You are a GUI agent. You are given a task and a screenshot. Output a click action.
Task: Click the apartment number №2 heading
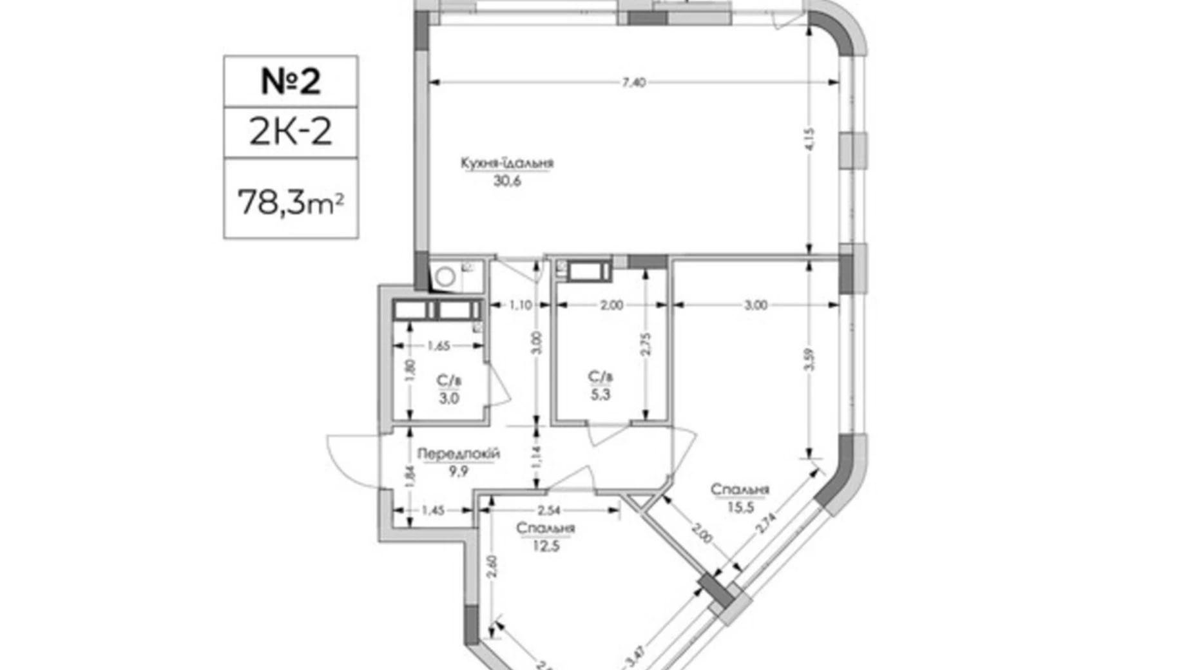[x=291, y=81]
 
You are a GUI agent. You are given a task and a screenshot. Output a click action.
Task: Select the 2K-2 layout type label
[x=291, y=131]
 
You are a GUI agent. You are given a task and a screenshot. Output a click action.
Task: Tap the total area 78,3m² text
[x=291, y=202]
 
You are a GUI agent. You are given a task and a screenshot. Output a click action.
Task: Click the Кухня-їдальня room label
[x=507, y=163]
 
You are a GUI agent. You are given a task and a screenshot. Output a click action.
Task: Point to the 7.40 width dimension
[x=634, y=82]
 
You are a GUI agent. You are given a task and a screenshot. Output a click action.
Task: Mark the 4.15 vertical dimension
[x=810, y=139]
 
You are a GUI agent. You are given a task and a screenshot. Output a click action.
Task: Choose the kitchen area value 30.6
[x=507, y=181]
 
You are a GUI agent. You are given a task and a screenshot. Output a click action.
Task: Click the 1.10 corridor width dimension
[x=521, y=305]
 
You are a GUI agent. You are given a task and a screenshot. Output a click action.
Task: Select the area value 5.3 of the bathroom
[x=600, y=394]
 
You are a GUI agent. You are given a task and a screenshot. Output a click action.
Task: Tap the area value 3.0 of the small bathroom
[x=449, y=399]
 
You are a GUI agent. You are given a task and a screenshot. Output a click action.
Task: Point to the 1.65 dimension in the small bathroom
[x=439, y=346]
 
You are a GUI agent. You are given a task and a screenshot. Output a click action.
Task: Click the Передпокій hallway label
[x=458, y=454]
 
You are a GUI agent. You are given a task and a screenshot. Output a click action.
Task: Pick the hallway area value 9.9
[x=458, y=471]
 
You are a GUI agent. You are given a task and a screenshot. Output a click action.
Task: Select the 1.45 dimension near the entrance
[x=433, y=510]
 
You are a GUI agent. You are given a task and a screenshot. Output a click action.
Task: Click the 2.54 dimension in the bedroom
[x=548, y=510]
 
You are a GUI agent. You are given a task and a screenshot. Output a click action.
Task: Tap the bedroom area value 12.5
[x=546, y=546]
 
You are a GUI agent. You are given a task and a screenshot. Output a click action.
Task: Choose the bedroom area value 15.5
[x=740, y=507]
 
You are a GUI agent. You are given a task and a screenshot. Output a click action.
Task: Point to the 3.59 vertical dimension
[x=810, y=359]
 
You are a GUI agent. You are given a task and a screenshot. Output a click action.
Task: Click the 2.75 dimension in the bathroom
[x=646, y=345]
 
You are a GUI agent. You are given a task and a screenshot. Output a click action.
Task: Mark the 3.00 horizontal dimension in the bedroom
[x=756, y=305]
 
